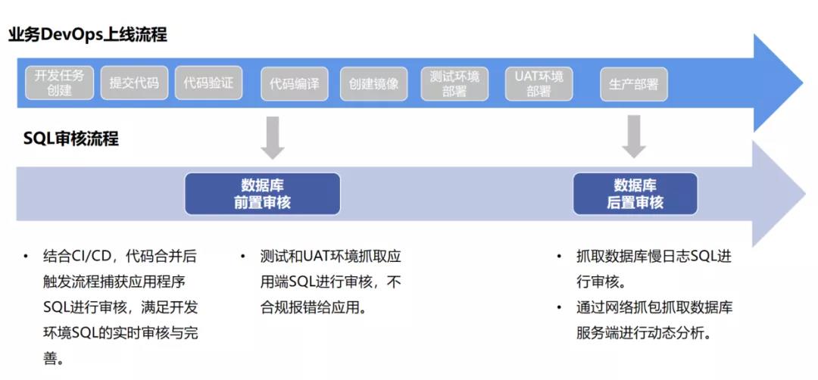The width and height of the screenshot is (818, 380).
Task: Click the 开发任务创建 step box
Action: click(x=59, y=83)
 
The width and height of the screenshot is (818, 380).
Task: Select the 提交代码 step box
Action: click(x=134, y=83)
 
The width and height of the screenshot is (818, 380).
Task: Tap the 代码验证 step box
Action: click(x=208, y=83)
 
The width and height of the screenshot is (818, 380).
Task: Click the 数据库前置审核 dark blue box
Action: click(x=262, y=194)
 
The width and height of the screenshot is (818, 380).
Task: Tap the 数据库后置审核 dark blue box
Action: click(x=635, y=194)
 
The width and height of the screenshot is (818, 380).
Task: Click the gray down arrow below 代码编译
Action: click(x=272, y=136)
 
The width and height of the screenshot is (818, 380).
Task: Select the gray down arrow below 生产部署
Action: click(x=634, y=136)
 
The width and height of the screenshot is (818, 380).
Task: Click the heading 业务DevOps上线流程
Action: click(x=88, y=35)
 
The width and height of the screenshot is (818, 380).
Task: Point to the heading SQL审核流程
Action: click(x=70, y=139)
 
